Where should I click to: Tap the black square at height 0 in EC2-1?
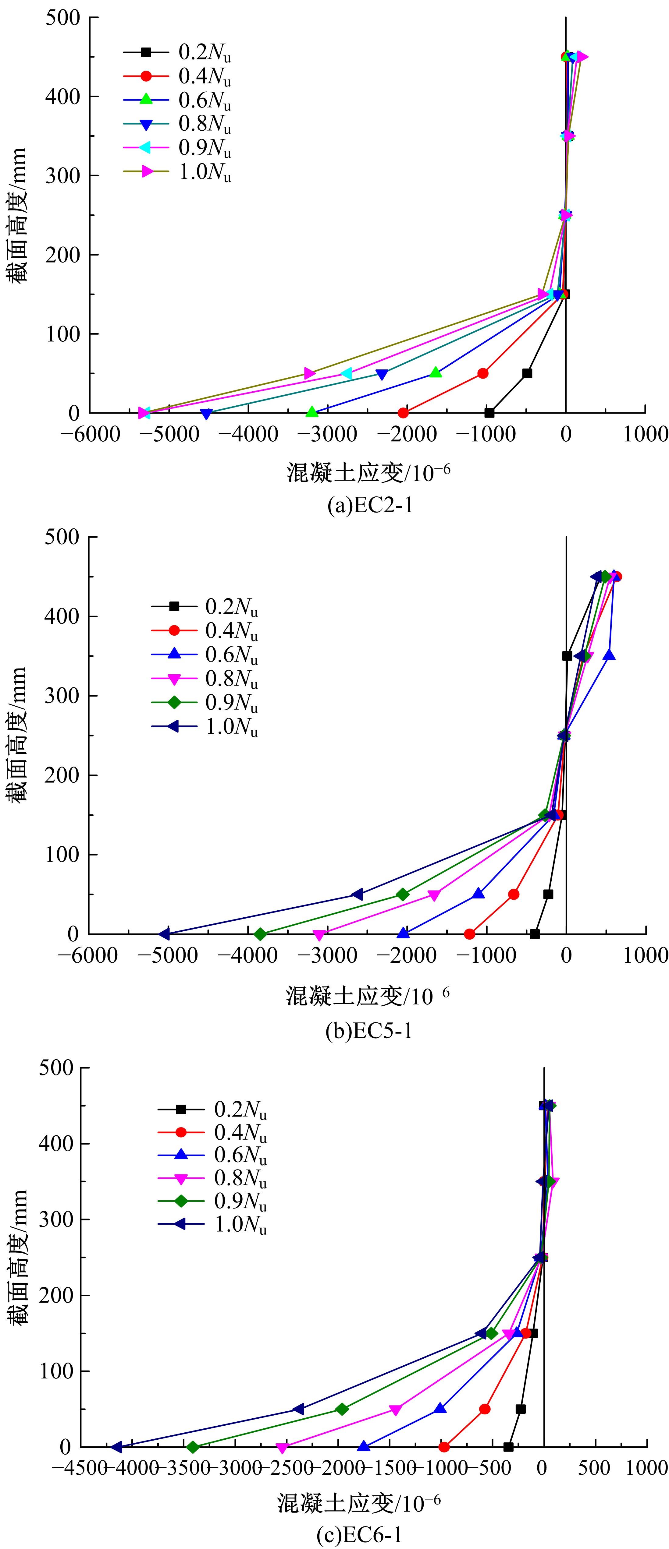(x=490, y=413)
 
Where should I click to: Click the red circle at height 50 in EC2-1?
(x=482, y=373)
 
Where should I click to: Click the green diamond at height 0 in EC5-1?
(x=260, y=934)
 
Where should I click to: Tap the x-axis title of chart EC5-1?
(x=368, y=997)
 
